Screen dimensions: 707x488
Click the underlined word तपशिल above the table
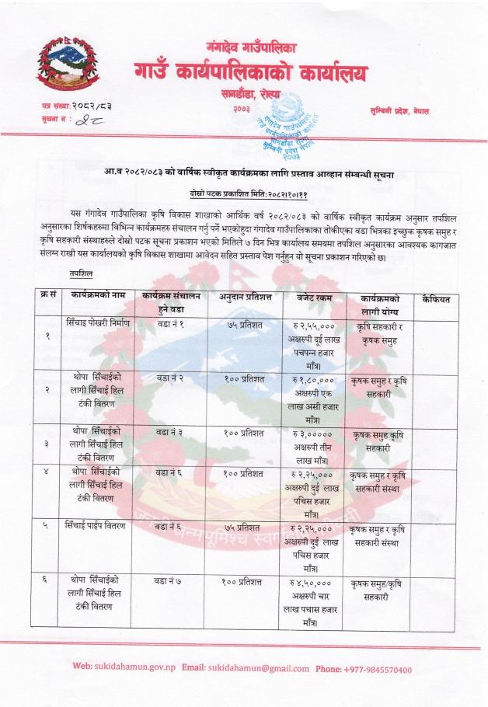point(80,263)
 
